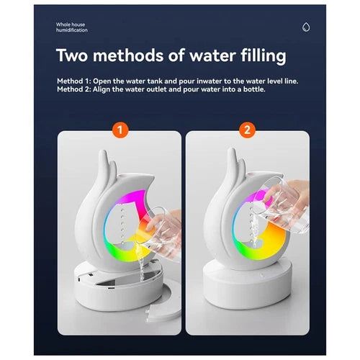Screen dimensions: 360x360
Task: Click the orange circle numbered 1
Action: (x=120, y=130)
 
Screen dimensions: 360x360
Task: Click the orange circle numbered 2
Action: (x=247, y=130)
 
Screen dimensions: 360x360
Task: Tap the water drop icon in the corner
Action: (x=306, y=27)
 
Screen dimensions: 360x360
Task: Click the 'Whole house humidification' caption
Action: (x=71, y=27)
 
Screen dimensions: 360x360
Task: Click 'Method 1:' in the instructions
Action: (x=74, y=81)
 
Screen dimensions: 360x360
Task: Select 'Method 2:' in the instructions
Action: (x=74, y=89)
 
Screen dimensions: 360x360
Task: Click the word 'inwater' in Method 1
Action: (x=209, y=81)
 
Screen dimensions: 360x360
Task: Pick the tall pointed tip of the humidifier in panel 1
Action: (x=104, y=151)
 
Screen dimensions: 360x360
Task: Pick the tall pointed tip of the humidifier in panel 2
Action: (x=232, y=149)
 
